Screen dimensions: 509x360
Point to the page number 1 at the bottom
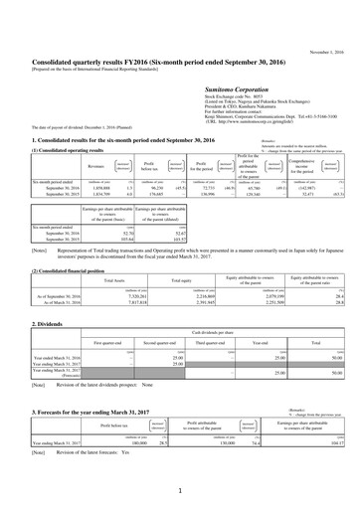pyautogui.click(x=180, y=491)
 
